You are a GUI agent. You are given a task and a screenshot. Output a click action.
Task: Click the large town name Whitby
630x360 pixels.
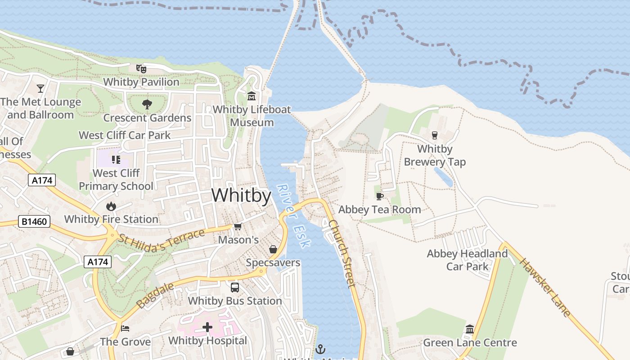coord(241,196)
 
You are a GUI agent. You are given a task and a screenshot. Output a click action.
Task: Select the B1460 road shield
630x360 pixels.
coord(34,221)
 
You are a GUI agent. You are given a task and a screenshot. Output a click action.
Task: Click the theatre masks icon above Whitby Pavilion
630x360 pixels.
coord(141,69)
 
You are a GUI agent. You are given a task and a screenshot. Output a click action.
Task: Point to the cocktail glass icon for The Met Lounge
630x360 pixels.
coord(40,88)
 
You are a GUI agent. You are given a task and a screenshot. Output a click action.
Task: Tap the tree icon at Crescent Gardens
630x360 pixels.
coord(147,105)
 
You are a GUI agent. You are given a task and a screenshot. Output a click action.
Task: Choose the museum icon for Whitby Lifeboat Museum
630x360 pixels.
coord(252,96)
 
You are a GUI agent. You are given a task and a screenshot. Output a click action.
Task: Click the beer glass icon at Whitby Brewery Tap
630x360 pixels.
coord(435,135)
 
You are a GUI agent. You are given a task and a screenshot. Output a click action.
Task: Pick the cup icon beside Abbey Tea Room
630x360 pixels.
coord(380,196)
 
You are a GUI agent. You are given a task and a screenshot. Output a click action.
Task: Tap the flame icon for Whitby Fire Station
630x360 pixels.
coord(111,206)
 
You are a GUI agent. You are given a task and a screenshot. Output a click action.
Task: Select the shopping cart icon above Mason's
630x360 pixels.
coord(238,227)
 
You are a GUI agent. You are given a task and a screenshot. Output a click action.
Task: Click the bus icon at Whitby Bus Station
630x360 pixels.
coord(235,288)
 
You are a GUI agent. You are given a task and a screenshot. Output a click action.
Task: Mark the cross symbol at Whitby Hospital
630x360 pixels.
coord(207,327)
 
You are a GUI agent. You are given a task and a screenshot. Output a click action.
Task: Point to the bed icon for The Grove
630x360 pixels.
coord(125,328)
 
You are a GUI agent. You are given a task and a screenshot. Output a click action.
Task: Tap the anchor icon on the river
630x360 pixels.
coord(320,348)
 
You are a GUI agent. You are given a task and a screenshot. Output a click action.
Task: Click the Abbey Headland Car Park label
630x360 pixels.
coord(467,260)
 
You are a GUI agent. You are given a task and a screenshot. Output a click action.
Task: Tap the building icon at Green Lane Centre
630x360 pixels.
coord(470,329)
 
